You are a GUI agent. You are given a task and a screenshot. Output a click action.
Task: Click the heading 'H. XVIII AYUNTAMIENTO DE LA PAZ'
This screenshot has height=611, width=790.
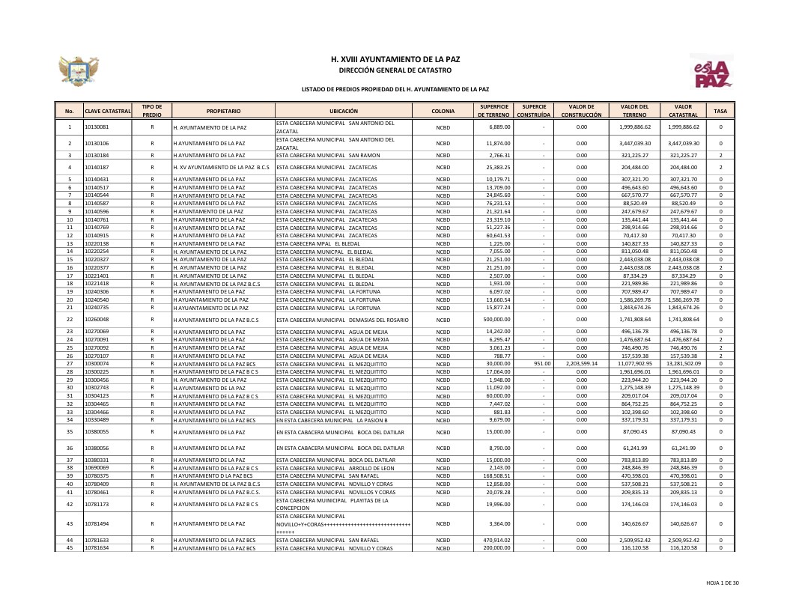(395, 58)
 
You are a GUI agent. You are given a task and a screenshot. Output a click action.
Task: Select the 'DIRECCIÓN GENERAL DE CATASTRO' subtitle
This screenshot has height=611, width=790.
(395, 70)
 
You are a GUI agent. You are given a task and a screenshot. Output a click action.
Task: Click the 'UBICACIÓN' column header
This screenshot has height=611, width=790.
(344, 111)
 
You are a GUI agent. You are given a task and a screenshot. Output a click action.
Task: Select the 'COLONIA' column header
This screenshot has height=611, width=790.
(443, 111)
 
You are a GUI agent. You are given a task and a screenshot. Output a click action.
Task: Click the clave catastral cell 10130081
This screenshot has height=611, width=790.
(97, 127)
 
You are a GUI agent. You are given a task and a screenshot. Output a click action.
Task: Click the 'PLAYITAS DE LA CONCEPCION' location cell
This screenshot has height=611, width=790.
(343, 504)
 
